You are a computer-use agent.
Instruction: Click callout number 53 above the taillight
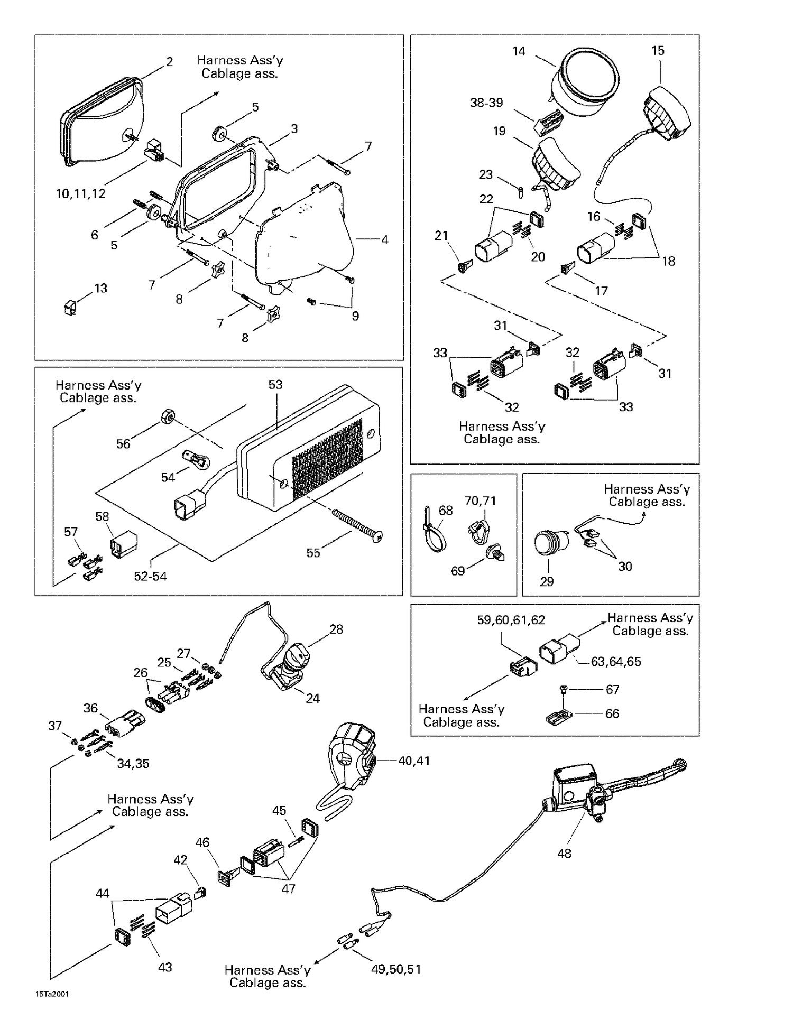pyautogui.click(x=275, y=385)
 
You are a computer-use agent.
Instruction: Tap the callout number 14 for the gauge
pyautogui.click(x=519, y=51)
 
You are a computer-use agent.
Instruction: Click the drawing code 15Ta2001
pyautogui.click(x=52, y=994)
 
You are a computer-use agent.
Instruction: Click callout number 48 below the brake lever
pyautogui.click(x=564, y=853)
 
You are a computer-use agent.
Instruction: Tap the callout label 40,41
pyautogui.click(x=414, y=761)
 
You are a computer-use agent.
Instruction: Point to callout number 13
pyautogui.click(x=100, y=288)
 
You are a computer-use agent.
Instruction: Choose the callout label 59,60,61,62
pyautogui.click(x=511, y=620)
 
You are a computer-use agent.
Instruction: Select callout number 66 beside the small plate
pyautogui.click(x=612, y=713)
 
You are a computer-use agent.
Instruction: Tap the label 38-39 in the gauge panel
pyautogui.click(x=486, y=103)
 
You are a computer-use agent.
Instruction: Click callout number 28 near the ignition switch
pyautogui.click(x=336, y=629)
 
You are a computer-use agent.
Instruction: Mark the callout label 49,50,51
pyautogui.click(x=396, y=969)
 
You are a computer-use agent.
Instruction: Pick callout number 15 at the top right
pyautogui.click(x=658, y=51)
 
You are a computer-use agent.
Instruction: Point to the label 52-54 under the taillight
pyautogui.click(x=150, y=576)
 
